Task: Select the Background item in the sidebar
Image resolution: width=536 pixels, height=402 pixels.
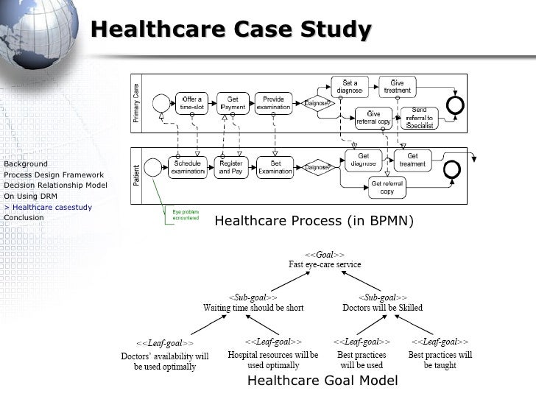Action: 26,163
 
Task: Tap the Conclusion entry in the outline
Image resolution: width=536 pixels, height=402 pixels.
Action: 24,217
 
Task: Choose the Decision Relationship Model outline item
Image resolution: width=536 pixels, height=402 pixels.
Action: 55,185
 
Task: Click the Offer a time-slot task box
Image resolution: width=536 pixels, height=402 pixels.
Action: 194,104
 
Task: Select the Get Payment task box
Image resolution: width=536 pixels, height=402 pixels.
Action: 232,104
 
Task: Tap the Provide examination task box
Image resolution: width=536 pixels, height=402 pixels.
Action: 273,104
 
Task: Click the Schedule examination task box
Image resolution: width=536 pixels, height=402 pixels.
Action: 188,167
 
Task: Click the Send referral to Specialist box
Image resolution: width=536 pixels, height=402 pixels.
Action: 418,118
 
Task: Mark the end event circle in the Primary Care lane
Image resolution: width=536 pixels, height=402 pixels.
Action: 456,105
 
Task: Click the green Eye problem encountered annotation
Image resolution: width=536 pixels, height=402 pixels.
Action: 185,216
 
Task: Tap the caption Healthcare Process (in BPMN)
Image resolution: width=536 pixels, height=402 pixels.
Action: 314,221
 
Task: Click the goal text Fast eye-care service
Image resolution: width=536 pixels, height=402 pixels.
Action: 325,264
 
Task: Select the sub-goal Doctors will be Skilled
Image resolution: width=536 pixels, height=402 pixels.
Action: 382,307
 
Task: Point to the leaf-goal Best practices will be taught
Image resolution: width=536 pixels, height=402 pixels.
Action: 440,359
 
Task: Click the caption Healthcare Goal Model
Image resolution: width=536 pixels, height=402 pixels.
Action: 322,381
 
